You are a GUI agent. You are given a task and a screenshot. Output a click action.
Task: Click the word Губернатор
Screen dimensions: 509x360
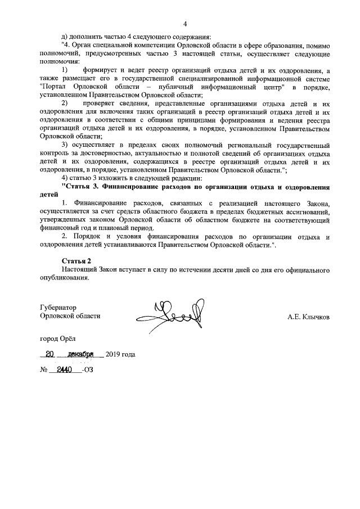tap(58, 308)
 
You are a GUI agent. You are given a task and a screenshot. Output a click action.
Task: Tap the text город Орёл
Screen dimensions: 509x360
tap(56, 339)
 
